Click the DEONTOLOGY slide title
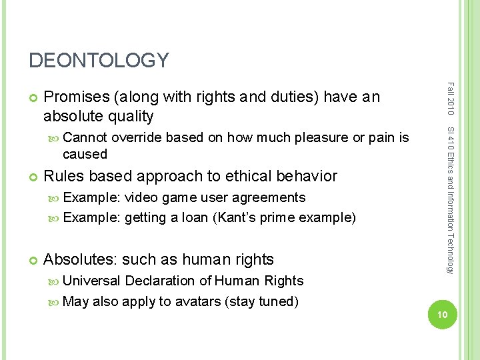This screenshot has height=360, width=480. tap(99, 61)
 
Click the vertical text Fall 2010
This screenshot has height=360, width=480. tap(451, 97)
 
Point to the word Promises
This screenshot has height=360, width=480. tap(78, 97)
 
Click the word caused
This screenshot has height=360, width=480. tap(85, 154)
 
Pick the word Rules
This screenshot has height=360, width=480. tap(63, 176)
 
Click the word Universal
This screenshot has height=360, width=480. tap(91, 281)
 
